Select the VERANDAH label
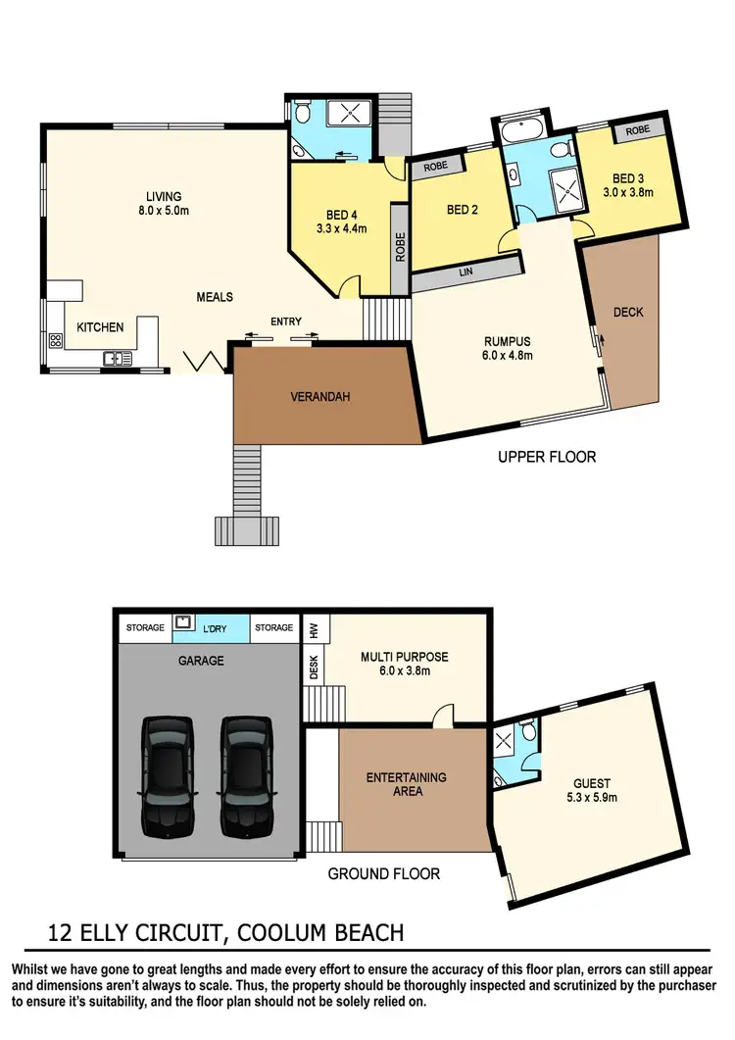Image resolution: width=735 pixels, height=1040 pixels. (x=320, y=397)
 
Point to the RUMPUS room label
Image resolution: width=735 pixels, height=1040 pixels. (x=508, y=348)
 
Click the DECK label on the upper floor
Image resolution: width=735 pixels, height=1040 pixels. (x=628, y=313)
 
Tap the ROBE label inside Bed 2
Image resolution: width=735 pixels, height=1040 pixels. (x=436, y=167)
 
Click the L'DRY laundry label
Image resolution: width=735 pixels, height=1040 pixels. (x=213, y=627)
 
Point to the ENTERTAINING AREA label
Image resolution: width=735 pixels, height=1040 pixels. (x=407, y=784)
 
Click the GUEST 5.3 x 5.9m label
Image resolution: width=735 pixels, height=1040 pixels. (x=592, y=790)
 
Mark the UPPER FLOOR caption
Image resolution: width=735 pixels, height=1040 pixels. (x=547, y=457)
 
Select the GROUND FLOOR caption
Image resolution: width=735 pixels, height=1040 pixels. (x=383, y=873)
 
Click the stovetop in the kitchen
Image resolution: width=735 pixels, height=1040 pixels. (x=56, y=341)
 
